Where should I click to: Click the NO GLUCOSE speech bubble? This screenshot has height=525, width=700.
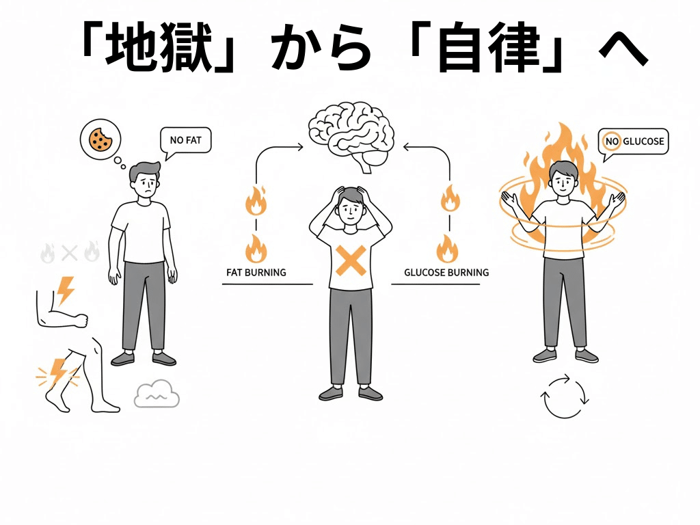[x=633, y=142]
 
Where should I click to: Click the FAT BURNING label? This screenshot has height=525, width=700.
[x=256, y=272]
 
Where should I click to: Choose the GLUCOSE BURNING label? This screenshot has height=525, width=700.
[x=446, y=272]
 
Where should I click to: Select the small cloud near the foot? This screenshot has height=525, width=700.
[x=157, y=394]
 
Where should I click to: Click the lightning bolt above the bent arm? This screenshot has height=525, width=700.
[x=66, y=290]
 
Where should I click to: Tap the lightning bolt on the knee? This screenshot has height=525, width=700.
[x=57, y=372]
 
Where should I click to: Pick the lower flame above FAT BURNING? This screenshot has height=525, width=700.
[x=256, y=249]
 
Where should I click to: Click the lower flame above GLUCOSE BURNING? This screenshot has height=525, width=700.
[x=448, y=249]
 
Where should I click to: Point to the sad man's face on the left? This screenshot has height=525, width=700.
[x=145, y=183]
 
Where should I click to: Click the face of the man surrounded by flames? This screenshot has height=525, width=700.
[x=561, y=180]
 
